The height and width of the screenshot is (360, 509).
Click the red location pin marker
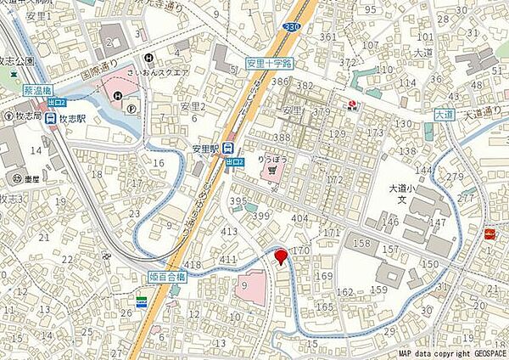[x=281, y=256]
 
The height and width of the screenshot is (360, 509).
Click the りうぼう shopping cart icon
[x=271, y=169]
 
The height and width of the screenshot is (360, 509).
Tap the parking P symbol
[x=130, y=109]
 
